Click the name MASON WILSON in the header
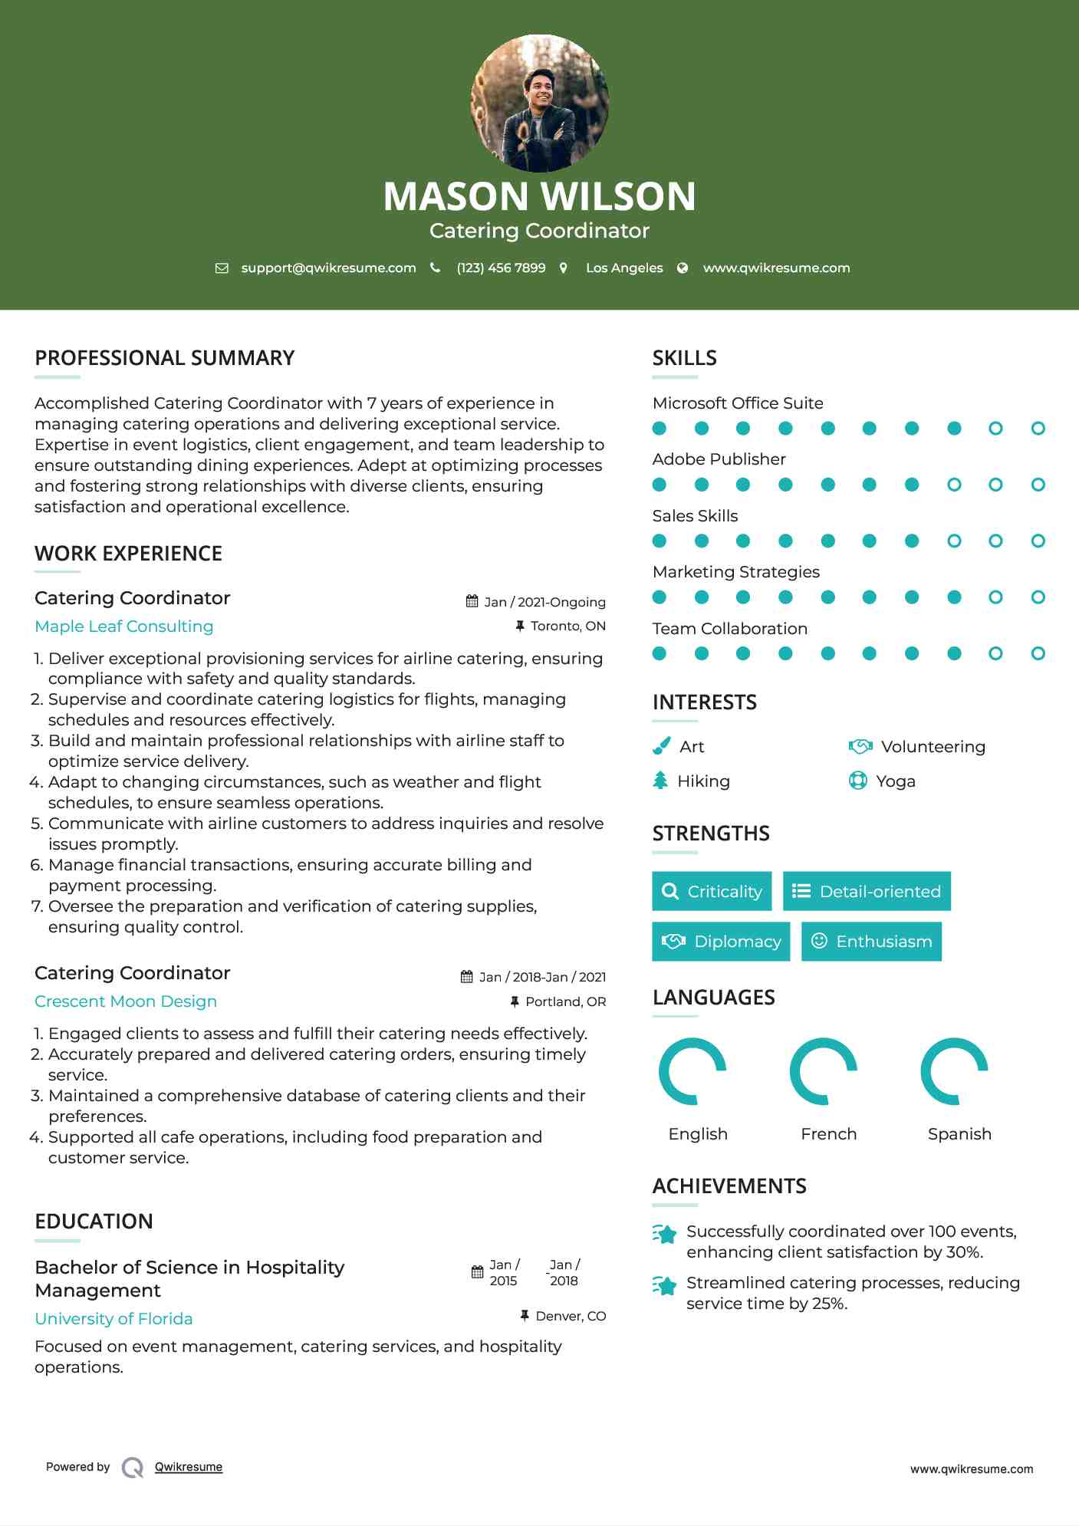539,196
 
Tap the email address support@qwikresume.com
328,268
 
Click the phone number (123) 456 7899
501,268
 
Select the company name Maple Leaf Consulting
124,627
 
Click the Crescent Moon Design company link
126,1001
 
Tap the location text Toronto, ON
567,626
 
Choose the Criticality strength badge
712,891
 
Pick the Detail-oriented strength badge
867,891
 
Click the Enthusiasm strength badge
871,941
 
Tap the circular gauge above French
824,1071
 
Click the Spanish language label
959,1133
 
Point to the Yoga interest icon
858,781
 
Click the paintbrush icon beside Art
661,746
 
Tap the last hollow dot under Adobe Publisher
1038,485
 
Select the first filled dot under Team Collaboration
660,653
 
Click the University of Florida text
113,1319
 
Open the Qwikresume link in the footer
189,1467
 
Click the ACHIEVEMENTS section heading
729,1186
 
